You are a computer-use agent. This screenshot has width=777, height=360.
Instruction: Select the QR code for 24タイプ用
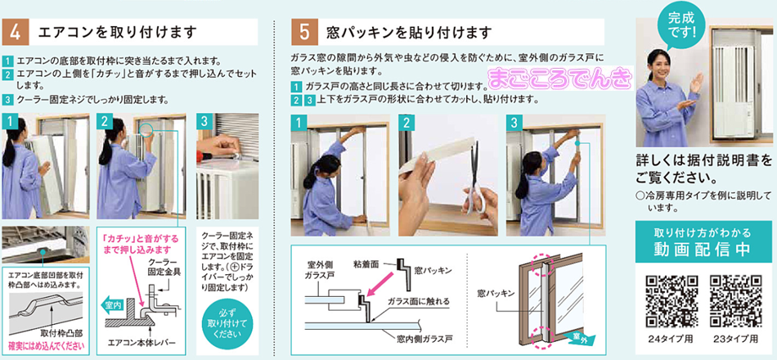[x=671, y=299]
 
